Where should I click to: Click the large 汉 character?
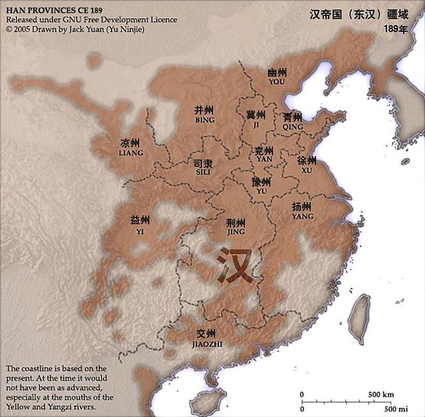pos(235,265)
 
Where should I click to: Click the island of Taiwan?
pos(361,310)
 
